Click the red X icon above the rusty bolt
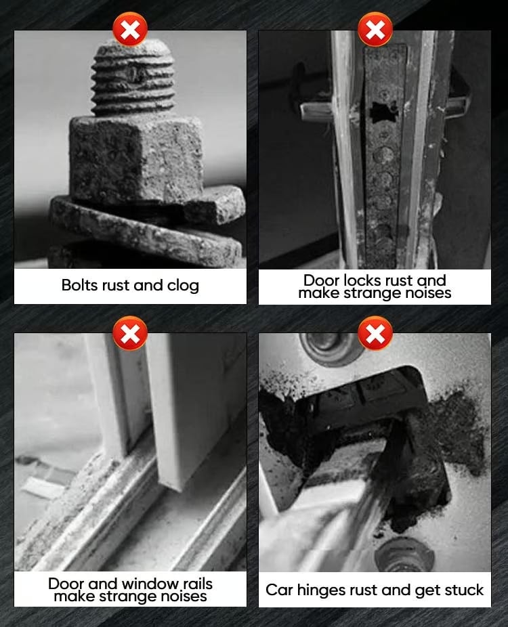[130, 29]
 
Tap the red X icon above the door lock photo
[375, 29]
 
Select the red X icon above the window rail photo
[130, 333]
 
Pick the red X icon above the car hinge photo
[375, 333]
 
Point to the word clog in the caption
[183, 286]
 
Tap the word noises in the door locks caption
[428, 293]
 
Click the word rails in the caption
[198, 584]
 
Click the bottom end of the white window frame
[175, 482]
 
